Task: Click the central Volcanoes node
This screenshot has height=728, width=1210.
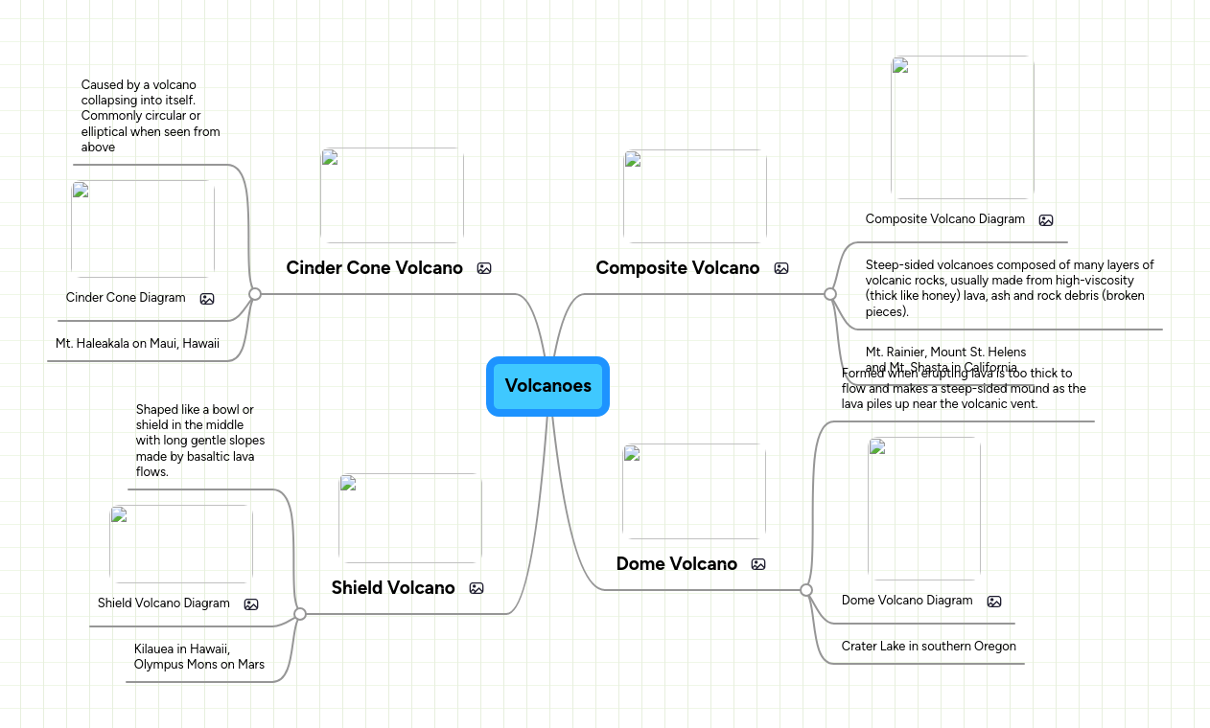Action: pos(547,386)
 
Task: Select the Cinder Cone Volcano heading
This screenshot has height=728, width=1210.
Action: pos(374,268)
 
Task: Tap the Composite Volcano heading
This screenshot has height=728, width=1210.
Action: pos(677,268)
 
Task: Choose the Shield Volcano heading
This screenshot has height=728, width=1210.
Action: pos(393,588)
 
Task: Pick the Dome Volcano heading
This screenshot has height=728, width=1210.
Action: pos(676,564)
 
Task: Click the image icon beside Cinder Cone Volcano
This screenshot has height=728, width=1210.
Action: pos(484,268)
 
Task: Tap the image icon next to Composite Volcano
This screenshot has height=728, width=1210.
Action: pos(781,268)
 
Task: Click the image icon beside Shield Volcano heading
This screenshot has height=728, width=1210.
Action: pos(477,588)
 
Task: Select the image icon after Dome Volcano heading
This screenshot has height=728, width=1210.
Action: pos(758,564)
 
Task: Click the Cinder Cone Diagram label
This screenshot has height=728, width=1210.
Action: pos(126,298)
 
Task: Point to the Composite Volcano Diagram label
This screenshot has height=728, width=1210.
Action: pos(944,219)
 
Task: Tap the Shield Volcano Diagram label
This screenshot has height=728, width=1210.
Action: pos(164,603)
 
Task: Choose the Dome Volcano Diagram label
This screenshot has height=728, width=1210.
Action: pos(907,601)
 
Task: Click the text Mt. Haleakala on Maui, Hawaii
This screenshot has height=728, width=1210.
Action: pos(137,343)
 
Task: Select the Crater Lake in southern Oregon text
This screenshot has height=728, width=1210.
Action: pos(928,647)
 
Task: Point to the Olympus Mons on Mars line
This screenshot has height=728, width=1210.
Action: pos(199,665)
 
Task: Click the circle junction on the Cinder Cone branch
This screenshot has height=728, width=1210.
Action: pos(255,294)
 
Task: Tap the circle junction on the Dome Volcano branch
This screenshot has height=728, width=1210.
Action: pos(806,590)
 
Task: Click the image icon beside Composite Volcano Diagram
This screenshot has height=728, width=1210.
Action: pos(1046,220)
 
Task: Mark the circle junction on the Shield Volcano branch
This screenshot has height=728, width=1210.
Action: pos(300,614)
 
